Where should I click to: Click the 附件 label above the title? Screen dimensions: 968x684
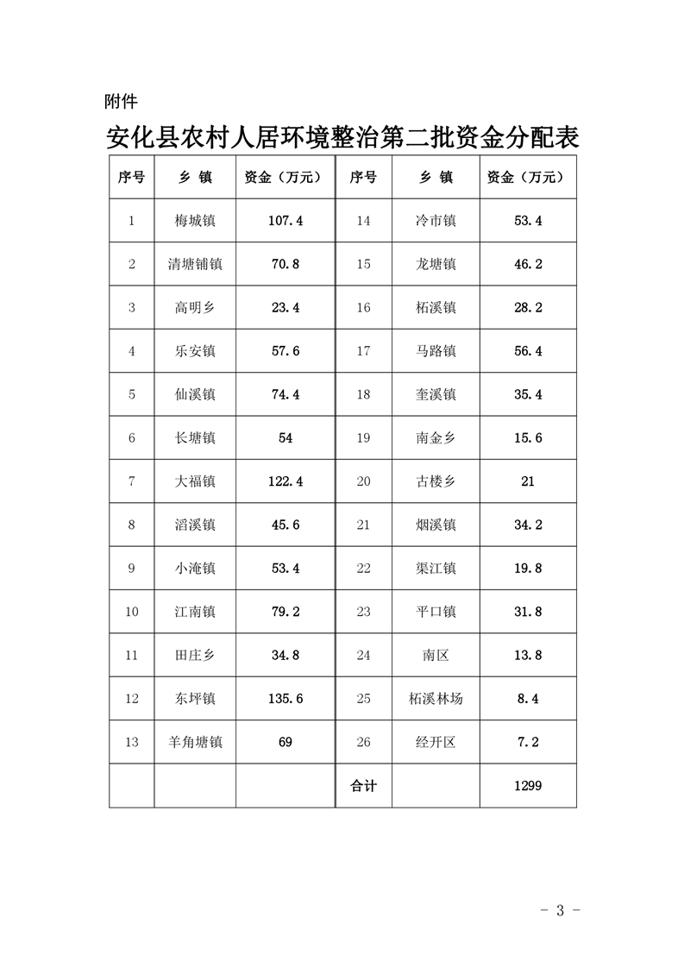pyautogui.click(x=121, y=103)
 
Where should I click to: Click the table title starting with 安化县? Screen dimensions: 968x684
pyautogui.click(x=342, y=138)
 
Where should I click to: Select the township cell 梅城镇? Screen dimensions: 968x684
pyautogui.click(x=195, y=221)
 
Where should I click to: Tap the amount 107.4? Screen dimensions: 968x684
pyautogui.click(x=286, y=221)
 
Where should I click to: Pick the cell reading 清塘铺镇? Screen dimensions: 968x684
pyautogui.click(x=195, y=264)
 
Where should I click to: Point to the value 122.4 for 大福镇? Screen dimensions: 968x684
pyautogui.click(x=286, y=481)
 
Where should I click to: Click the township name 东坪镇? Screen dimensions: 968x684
pyautogui.click(x=195, y=698)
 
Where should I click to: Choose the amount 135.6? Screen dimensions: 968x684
pyautogui.click(x=286, y=698)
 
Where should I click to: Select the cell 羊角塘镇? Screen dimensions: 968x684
pyautogui.click(x=195, y=741)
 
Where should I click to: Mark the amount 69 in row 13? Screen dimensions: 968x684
pyautogui.click(x=286, y=741)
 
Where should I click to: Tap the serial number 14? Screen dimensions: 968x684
pyautogui.click(x=363, y=221)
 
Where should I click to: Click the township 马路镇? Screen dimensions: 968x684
pyautogui.click(x=436, y=351)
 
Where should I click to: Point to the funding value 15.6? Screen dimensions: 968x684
pyautogui.click(x=528, y=437)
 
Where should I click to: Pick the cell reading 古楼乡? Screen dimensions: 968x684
pyautogui.click(x=436, y=481)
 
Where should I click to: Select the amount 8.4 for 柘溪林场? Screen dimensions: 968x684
pyautogui.click(x=528, y=698)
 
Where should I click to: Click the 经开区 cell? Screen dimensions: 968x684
pyautogui.click(x=436, y=741)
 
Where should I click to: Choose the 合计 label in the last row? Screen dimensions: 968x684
pyautogui.click(x=363, y=785)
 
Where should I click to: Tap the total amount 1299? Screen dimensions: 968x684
pyautogui.click(x=528, y=785)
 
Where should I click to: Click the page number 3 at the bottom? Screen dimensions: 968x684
pyautogui.click(x=560, y=910)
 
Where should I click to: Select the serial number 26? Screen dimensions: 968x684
pyautogui.click(x=363, y=741)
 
